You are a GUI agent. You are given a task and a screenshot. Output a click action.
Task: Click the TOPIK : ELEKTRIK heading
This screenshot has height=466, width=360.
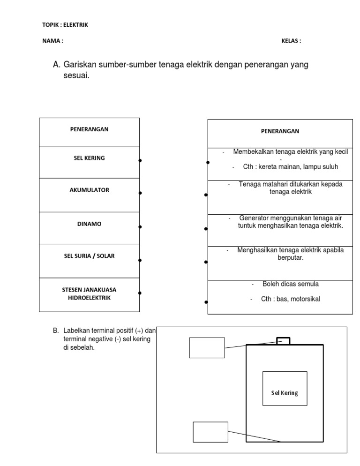[x=65, y=25]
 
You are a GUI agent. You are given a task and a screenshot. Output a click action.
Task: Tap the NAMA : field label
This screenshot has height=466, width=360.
[x=52, y=41]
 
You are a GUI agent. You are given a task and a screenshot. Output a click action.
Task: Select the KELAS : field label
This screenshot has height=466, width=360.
[x=291, y=41]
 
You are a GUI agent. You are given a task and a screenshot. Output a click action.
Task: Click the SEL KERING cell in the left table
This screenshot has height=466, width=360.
[x=89, y=158]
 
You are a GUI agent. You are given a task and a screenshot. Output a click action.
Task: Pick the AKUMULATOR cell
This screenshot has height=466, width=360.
[x=89, y=190]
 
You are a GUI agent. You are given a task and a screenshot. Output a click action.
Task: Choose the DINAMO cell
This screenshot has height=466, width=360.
[x=89, y=224]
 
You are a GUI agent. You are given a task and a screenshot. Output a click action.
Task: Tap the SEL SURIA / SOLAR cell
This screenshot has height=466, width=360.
[x=89, y=256]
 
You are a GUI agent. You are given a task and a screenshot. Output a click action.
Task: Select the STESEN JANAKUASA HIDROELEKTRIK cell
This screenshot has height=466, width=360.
[x=89, y=293]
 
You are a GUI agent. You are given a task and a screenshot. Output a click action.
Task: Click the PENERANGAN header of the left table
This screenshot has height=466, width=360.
[x=89, y=129]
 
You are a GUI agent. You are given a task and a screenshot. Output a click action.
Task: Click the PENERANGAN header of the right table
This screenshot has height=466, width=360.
[x=280, y=131]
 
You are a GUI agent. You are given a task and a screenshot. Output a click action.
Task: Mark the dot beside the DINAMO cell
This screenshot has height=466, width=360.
[x=140, y=227]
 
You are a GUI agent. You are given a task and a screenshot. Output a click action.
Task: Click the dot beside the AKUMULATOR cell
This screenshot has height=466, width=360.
[x=140, y=193]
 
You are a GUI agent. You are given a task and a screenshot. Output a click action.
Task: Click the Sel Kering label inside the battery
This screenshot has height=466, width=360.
[x=285, y=393]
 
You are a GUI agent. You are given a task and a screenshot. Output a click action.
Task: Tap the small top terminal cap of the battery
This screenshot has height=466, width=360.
[x=283, y=341]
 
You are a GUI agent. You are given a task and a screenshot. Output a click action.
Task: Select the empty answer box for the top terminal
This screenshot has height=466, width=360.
[x=207, y=347]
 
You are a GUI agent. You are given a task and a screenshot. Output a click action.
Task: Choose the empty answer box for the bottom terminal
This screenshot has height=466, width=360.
[x=210, y=432]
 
